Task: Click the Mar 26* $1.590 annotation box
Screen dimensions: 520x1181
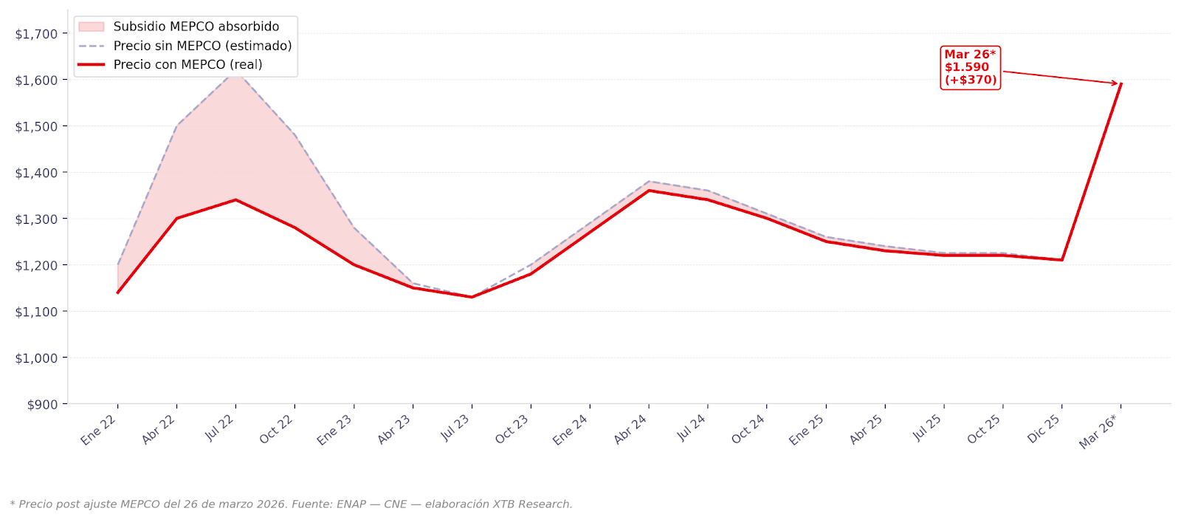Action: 970,67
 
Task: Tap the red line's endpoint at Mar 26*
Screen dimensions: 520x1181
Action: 1120,84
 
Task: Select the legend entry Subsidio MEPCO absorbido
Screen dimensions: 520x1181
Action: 196,27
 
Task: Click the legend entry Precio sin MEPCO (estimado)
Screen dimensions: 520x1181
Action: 202,46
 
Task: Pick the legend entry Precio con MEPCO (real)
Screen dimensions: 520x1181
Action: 187,64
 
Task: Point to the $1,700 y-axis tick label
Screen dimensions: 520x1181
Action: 36,33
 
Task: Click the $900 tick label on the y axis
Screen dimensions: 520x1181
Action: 41,404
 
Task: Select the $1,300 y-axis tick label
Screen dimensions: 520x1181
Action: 36,219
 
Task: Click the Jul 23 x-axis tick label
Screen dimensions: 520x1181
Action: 455,428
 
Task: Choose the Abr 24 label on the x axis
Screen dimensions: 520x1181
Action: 630,429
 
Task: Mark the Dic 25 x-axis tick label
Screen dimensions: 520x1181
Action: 1044,429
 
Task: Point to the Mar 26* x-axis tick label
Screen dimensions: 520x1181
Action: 1098,432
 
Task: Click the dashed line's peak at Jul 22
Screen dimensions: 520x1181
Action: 235,74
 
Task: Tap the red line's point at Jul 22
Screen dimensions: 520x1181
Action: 235,199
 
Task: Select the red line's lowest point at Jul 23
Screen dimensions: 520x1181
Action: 472,297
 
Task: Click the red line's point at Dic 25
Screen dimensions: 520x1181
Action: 1061,260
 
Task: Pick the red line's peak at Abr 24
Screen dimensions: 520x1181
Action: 649,191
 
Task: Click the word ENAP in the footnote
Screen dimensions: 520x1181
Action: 352,504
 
